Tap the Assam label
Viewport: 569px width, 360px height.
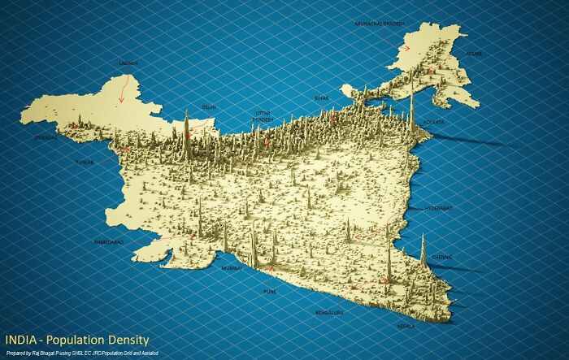pyautogui.click(x=473, y=54)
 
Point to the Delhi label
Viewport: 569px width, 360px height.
pyautogui.click(x=209, y=106)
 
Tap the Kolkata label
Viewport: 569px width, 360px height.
pyautogui.click(x=434, y=122)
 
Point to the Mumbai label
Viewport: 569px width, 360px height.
pyautogui.click(x=232, y=267)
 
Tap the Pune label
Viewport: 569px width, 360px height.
pyautogui.click(x=270, y=290)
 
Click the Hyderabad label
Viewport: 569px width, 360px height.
pyautogui.click(x=438, y=209)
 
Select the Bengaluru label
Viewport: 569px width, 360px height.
pyautogui.click(x=329, y=311)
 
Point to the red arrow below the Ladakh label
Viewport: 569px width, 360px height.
pyautogui.click(x=122, y=88)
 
